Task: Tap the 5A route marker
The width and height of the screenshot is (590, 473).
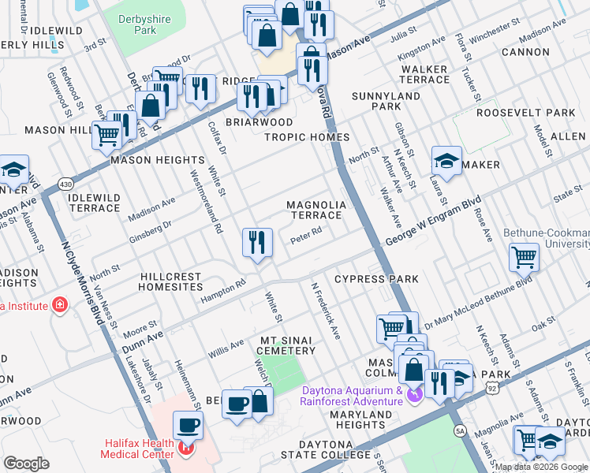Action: point(461,431)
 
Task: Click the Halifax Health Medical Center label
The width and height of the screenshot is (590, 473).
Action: point(142,448)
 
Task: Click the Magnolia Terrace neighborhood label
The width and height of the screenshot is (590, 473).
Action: point(316,210)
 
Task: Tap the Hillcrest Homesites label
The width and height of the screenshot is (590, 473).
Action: point(171,282)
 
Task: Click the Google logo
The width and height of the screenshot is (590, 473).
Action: point(27,464)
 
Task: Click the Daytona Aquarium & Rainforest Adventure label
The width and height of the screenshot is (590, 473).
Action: point(351,395)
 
